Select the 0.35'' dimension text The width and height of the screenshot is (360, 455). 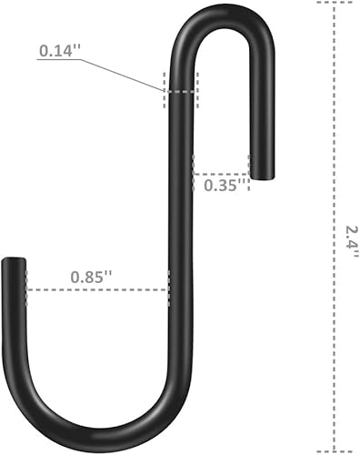(221, 185)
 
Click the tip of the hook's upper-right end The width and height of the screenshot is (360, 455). (261, 176)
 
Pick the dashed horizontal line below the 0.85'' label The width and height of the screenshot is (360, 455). (96, 290)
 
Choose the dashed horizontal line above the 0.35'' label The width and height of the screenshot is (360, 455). (223, 173)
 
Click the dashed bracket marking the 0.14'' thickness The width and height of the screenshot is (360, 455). (180, 91)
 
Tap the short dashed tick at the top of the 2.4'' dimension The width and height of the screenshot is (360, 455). (333, 3)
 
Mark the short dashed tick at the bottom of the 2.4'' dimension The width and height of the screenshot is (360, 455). (333, 450)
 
